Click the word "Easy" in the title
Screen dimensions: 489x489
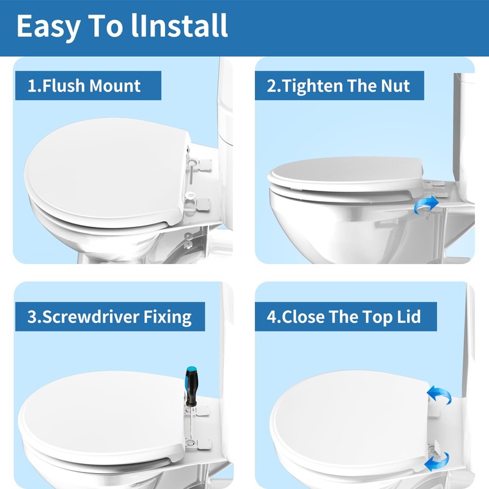(49, 26)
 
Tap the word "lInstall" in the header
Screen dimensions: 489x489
(179, 26)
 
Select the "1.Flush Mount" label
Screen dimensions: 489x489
(84, 86)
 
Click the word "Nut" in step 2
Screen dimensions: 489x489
(395, 86)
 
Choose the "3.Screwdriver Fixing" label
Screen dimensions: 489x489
(109, 317)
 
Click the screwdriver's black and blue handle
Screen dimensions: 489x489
(191, 386)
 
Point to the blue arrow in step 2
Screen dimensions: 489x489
(426, 205)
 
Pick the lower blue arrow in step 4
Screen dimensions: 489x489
(436, 461)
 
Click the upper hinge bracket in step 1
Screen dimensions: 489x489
(200, 165)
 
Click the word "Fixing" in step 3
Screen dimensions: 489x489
(167, 317)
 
